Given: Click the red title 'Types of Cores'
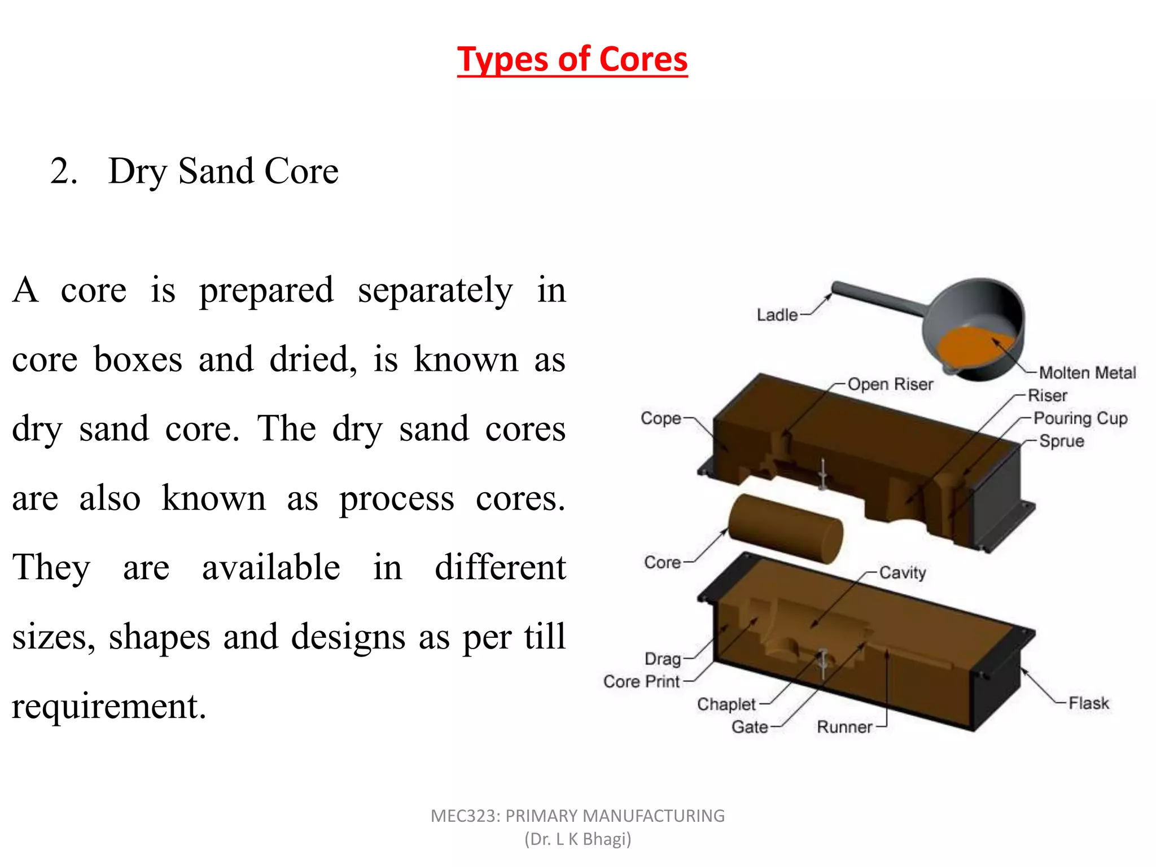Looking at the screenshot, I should pyautogui.click(x=572, y=59).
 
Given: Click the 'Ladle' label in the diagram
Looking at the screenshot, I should pyautogui.click(x=777, y=315).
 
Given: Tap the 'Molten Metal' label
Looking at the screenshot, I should pyautogui.click(x=1087, y=373).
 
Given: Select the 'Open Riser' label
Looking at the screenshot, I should pyautogui.click(x=890, y=384).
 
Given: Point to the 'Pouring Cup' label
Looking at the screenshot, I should pyautogui.click(x=1080, y=418).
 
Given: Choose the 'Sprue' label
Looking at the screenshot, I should pyautogui.click(x=1062, y=441).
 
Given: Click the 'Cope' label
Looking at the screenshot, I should pyautogui.click(x=660, y=418).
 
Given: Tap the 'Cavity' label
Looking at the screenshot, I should pyautogui.click(x=903, y=573).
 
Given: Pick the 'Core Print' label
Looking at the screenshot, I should pyautogui.click(x=641, y=681).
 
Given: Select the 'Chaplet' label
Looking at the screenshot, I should pyautogui.click(x=726, y=704).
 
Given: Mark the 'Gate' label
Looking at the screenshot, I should pyautogui.click(x=750, y=726).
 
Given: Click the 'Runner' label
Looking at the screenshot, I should pyautogui.click(x=844, y=726).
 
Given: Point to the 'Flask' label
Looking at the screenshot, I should pyautogui.click(x=1089, y=703).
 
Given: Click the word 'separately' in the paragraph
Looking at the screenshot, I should pyautogui.click(x=435, y=291).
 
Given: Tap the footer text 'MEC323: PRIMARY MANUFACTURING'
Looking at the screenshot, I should pyautogui.click(x=577, y=816).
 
